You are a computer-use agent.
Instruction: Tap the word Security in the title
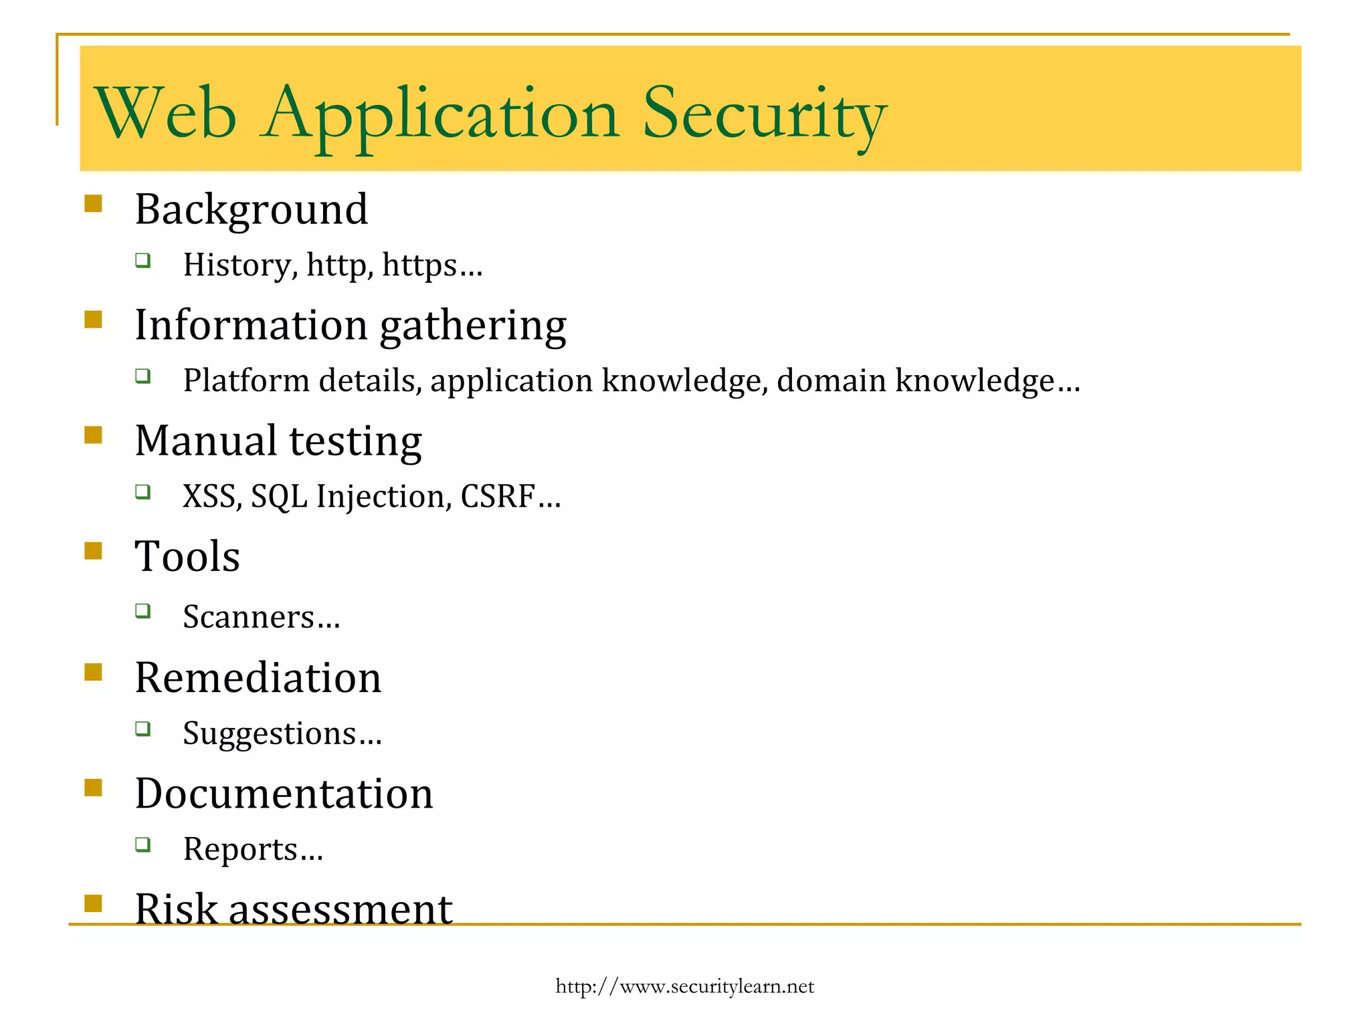tap(764, 114)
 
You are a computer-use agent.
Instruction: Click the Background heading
tap(252, 209)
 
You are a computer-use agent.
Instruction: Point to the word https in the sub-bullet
tap(419, 265)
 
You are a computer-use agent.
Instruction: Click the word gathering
tap(473, 326)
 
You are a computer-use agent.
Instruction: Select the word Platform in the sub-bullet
tap(247, 381)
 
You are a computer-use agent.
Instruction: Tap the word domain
tap(831, 380)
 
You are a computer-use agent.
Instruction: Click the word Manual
tap(206, 441)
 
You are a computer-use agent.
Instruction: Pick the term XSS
tap(209, 497)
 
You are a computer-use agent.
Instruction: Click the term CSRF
tap(498, 497)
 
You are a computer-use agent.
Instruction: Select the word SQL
tap(279, 497)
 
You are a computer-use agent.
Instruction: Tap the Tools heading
tap(187, 556)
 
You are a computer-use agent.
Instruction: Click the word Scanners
tap(248, 617)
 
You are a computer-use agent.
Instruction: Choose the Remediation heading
tap(258, 678)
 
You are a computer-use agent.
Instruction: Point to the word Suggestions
tap(269, 733)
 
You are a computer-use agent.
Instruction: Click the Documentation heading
tap(284, 794)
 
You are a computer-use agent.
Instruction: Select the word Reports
tap(240, 849)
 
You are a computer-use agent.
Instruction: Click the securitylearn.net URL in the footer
tap(684, 986)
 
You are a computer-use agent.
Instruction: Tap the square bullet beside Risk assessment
tap(94, 903)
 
